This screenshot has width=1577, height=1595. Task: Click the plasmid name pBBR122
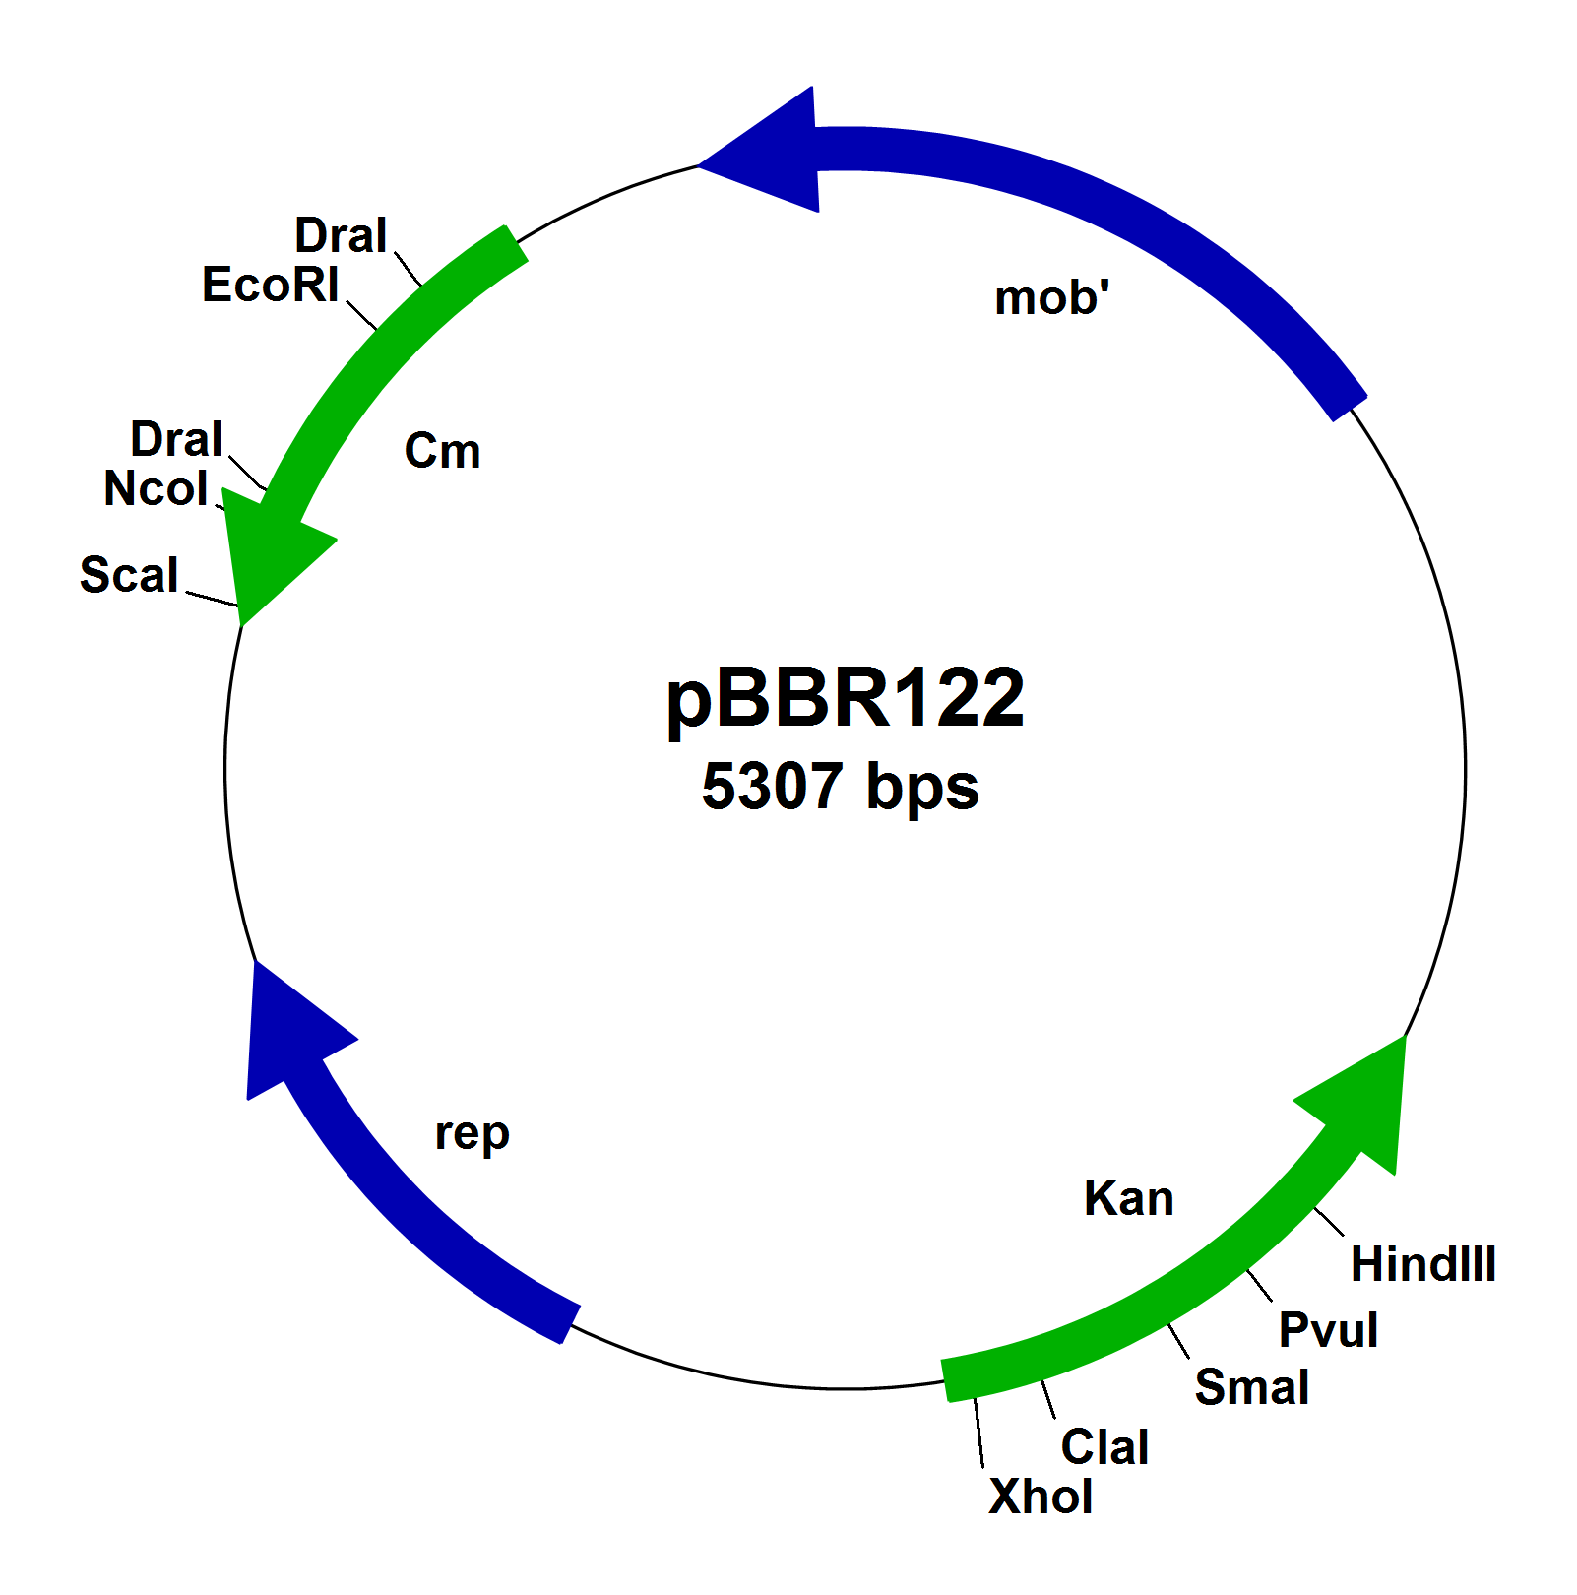tap(845, 699)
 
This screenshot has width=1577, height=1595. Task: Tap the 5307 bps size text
tap(840, 786)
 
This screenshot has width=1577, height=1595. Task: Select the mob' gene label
tap(1051, 298)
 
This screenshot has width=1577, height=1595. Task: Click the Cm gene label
tap(442, 452)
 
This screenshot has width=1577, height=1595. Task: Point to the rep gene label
tap(472, 1133)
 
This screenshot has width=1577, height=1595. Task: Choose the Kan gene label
tap(1128, 1199)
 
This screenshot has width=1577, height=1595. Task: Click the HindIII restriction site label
tap(1422, 1264)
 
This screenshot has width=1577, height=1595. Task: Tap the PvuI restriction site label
tap(1327, 1330)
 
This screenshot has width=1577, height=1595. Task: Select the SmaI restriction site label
tap(1251, 1387)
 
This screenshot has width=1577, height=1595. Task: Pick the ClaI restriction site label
tap(1104, 1447)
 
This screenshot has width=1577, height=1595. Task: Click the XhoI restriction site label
tap(1040, 1498)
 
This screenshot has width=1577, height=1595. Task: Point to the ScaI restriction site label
tap(129, 575)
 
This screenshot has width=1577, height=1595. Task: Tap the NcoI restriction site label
tap(156, 489)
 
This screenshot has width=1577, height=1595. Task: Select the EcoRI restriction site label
tap(270, 286)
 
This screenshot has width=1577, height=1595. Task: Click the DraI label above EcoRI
tap(341, 236)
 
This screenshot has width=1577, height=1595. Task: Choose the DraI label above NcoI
tap(176, 440)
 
